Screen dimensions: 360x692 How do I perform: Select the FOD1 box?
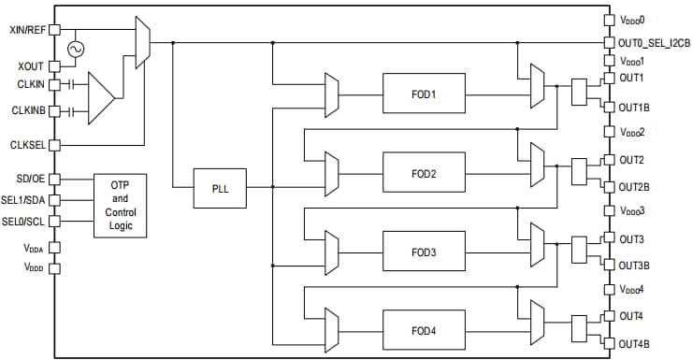(422, 94)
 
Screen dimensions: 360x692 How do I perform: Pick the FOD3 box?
(422, 252)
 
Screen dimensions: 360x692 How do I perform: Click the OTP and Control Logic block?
(120, 205)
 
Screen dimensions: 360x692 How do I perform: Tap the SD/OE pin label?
(30, 179)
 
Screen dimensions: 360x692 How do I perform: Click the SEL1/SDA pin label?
(25, 200)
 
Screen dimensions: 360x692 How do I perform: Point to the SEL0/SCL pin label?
(25, 222)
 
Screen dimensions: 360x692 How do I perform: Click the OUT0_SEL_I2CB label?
(654, 43)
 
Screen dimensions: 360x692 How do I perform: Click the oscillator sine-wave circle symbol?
(73, 49)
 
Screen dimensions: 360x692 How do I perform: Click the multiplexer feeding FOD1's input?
(329, 94)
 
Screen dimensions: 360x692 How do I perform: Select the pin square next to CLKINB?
(54, 111)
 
